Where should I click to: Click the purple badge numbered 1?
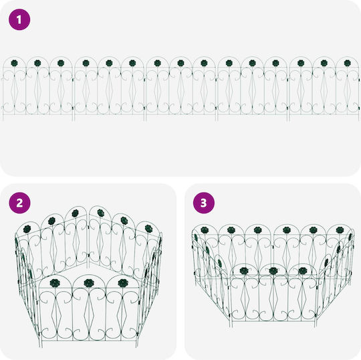[19, 19]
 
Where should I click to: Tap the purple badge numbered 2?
[19, 203]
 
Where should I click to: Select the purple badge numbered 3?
[203, 203]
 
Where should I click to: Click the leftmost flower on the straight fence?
[14, 63]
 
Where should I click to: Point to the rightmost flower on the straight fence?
[347, 63]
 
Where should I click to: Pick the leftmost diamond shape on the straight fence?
[14, 90]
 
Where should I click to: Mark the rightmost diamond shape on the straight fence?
[347, 90]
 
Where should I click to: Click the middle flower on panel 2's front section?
[89, 283]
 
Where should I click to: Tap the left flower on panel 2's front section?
[55, 283]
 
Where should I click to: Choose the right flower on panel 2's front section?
[123, 283]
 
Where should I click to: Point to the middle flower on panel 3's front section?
[273, 271]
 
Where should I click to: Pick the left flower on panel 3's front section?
[244, 271]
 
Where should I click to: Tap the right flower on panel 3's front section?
[303, 271]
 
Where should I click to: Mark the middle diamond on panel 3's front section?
[274, 297]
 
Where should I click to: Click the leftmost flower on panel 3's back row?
[205, 230]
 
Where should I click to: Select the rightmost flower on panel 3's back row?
[340, 230]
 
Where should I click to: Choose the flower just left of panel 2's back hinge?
[76, 213]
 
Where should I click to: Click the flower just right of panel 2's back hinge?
[100, 213]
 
